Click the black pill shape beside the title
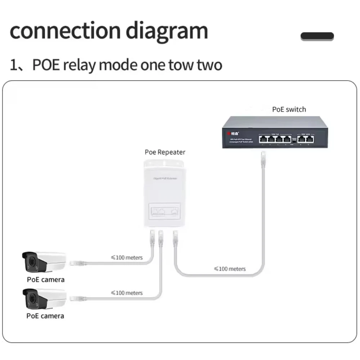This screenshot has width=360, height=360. [x=317, y=36]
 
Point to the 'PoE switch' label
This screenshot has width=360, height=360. [x=289, y=109]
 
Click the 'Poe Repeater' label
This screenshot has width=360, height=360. [x=165, y=152]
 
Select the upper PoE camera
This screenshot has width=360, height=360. [x=44, y=262]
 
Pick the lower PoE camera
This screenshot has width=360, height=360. [x=44, y=298]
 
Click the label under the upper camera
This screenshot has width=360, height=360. [x=45, y=279]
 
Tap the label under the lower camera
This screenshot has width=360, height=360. [x=45, y=316]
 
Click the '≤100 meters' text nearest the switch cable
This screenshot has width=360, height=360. [x=230, y=269]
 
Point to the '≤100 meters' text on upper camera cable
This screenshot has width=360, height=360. [x=127, y=257]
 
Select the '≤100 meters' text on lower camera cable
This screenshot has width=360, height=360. [x=127, y=293]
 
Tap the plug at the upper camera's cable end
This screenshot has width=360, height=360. [x=76, y=262]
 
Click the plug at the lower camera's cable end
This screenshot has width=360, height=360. [x=76, y=298]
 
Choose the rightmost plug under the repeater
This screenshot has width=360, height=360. [x=176, y=237]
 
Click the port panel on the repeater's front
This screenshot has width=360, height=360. [x=165, y=211]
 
